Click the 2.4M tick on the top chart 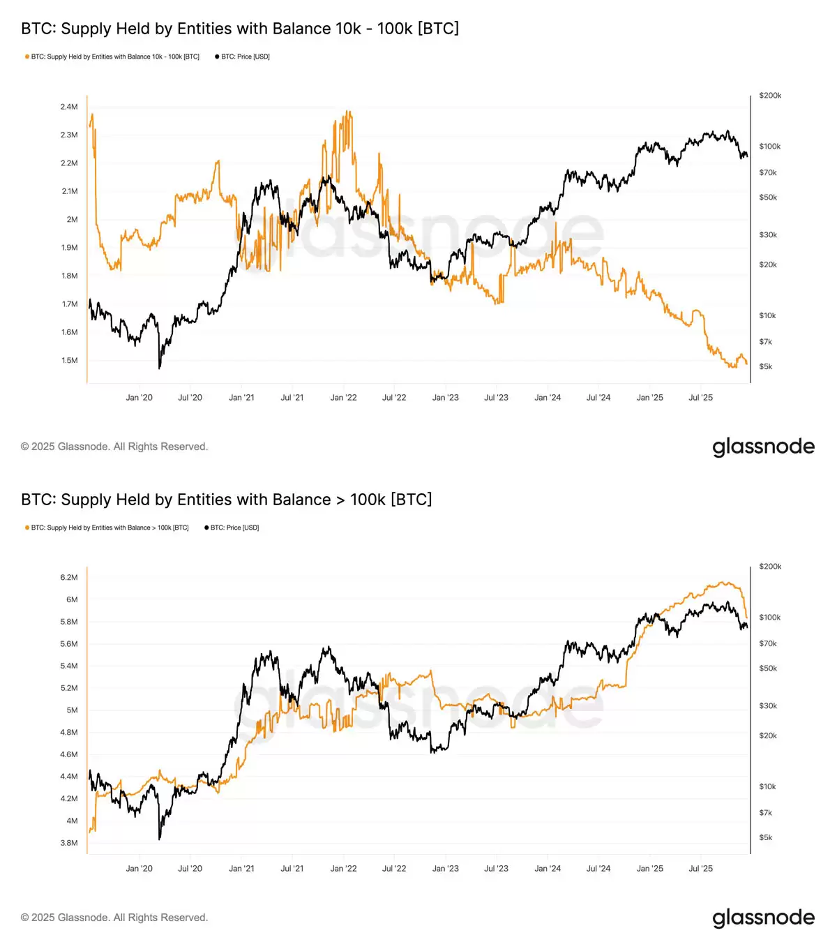tap(68, 107)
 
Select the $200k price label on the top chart tap(770, 96)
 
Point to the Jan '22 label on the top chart tap(343, 398)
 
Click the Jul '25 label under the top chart tap(700, 398)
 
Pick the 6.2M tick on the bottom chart tap(68, 578)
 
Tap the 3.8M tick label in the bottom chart tap(68, 843)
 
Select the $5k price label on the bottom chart tap(765, 837)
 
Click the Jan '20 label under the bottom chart tap(139, 869)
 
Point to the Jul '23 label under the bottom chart tap(496, 869)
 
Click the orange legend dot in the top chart tap(27, 57)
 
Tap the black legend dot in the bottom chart tap(206, 528)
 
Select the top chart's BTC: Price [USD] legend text tap(245, 57)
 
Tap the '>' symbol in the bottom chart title tap(340, 500)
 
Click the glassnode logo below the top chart tap(763, 447)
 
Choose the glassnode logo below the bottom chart tap(763, 918)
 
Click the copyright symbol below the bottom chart tap(25, 918)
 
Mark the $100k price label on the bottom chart tap(770, 618)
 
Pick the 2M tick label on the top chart tap(72, 219)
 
